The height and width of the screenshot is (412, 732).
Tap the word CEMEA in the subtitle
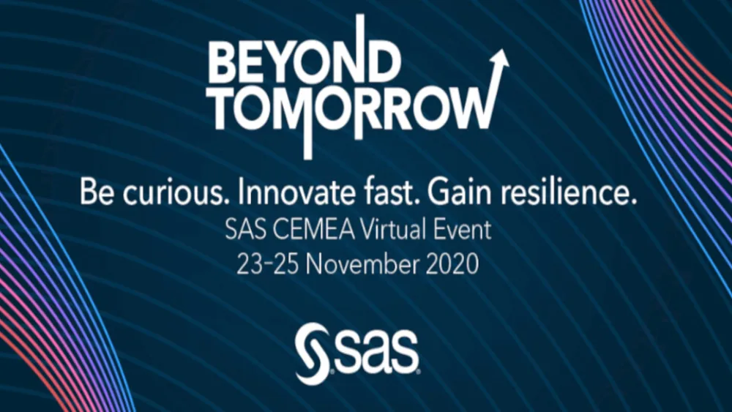coord(307,231)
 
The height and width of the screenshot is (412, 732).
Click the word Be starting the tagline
coord(96,195)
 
